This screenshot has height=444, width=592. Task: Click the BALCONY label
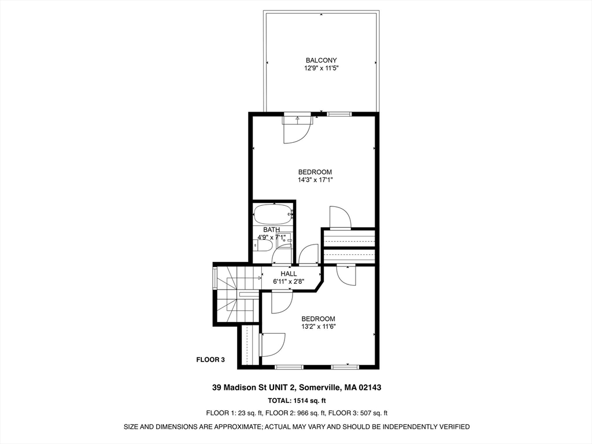click(x=321, y=60)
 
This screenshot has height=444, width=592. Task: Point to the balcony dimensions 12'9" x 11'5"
click(x=321, y=68)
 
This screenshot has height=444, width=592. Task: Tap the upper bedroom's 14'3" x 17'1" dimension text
click(x=315, y=180)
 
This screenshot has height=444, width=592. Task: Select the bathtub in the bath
click(x=274, y=214)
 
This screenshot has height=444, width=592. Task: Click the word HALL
click(x=288, y=273)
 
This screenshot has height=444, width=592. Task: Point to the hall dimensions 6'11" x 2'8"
click(x=289, y=282)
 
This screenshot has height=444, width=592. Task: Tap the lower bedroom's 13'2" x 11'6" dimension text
click(x=318, y=327)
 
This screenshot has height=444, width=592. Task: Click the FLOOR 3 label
click(x=210, y=360)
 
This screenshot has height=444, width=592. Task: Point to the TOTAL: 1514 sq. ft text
click(x=297, y=401)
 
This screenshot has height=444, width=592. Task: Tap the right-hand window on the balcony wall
click(x=339, y=114)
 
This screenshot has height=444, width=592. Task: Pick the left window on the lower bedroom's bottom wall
click(x=288, y=367)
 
